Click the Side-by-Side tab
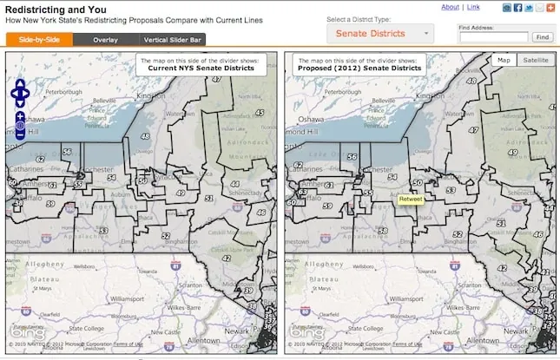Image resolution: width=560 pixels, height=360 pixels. [x=39, y=39]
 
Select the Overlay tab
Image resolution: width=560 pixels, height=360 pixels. [x=105, y=39]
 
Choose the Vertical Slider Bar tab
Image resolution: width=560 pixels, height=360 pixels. [x=173, y=39]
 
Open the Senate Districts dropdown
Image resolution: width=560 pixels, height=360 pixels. [x=380, y=33]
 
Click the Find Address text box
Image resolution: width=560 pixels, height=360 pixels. [x=492, y=37]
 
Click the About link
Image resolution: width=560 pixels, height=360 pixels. [x=450, y=7]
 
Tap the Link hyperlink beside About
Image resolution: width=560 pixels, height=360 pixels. [x=473, y=7]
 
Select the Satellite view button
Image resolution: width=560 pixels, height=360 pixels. [x=535, y=60]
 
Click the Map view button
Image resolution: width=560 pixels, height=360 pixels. [x=504, y=60]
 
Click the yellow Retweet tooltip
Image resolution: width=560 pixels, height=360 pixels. [x=410, y=200]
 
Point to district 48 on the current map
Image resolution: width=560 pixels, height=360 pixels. [x=144, y=136]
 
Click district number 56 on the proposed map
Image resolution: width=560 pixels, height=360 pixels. [x=351, y=157]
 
